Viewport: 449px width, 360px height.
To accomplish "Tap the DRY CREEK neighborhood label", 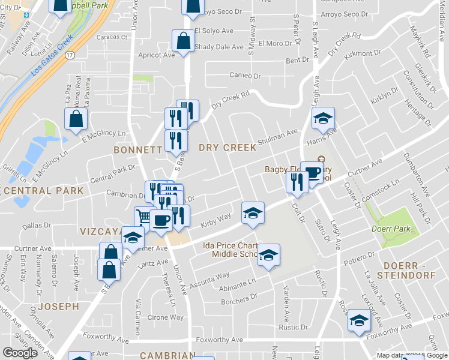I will click(228, 148).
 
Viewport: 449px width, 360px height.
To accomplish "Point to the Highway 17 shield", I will click(70, 55).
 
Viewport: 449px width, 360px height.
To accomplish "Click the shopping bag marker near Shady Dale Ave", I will click(183, 41).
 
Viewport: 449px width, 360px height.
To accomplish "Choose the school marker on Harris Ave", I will click(322, 118).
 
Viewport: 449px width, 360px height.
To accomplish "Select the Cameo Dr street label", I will click(246, 76).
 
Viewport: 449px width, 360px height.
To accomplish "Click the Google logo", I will click(20, 353).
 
